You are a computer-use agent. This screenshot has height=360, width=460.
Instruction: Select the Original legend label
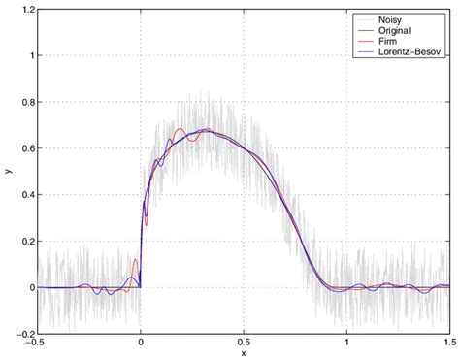tap(398, 31)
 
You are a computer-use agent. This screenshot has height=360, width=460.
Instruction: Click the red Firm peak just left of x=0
tap(135, 261)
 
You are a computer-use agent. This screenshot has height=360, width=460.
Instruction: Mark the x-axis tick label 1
tap(346, 344)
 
